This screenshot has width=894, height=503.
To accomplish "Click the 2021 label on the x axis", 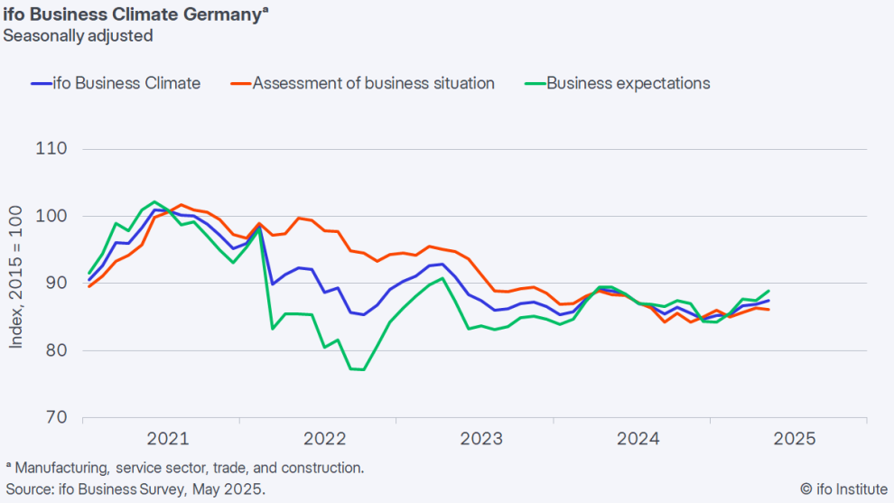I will pos(168,440).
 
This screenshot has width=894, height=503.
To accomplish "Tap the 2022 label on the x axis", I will pos(325,440).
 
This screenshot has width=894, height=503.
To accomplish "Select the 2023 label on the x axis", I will pos(482,440).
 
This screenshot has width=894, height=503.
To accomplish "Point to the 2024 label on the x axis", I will pos(638,440).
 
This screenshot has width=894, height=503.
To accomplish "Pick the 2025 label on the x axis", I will pos(796,440).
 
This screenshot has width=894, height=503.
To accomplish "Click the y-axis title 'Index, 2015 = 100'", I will pos(16,283).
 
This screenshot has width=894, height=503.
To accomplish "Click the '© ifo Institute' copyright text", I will pos(843,489).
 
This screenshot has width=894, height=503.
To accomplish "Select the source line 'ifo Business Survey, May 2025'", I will pos(135,489).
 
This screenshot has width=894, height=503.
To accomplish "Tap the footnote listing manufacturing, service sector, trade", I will pos(185,468).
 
